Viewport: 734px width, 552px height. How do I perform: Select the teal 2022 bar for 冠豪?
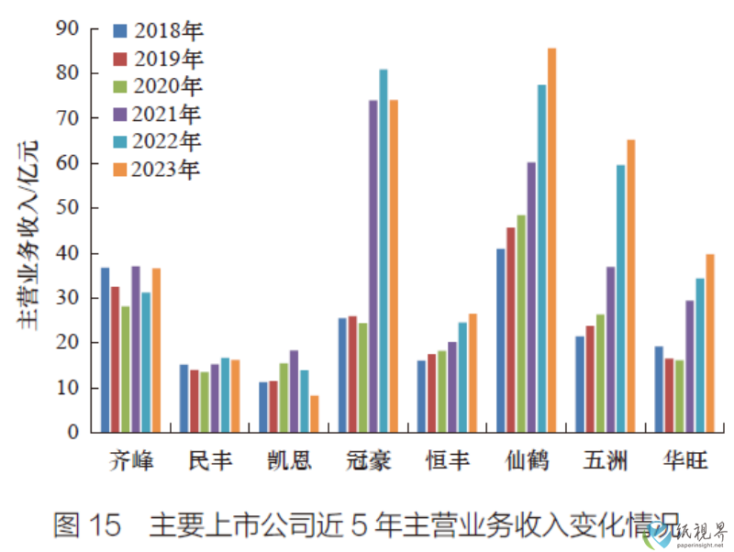click(384, 250)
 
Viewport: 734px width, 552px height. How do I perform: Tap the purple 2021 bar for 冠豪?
click(373, 266)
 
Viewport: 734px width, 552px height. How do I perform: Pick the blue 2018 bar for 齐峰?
click(105, 349)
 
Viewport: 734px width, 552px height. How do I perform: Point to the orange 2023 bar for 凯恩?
click(315, 414)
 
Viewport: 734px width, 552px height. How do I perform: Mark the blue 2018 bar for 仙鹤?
click(500, 340)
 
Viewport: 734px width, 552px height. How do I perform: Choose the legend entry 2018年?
click(157, 30)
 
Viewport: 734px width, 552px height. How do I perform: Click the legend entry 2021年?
click(157, 114)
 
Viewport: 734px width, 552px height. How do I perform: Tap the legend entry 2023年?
click(157, 169)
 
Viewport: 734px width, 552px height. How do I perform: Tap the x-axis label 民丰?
click(210, 459)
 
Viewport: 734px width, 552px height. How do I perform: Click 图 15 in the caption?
click(87, 525)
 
